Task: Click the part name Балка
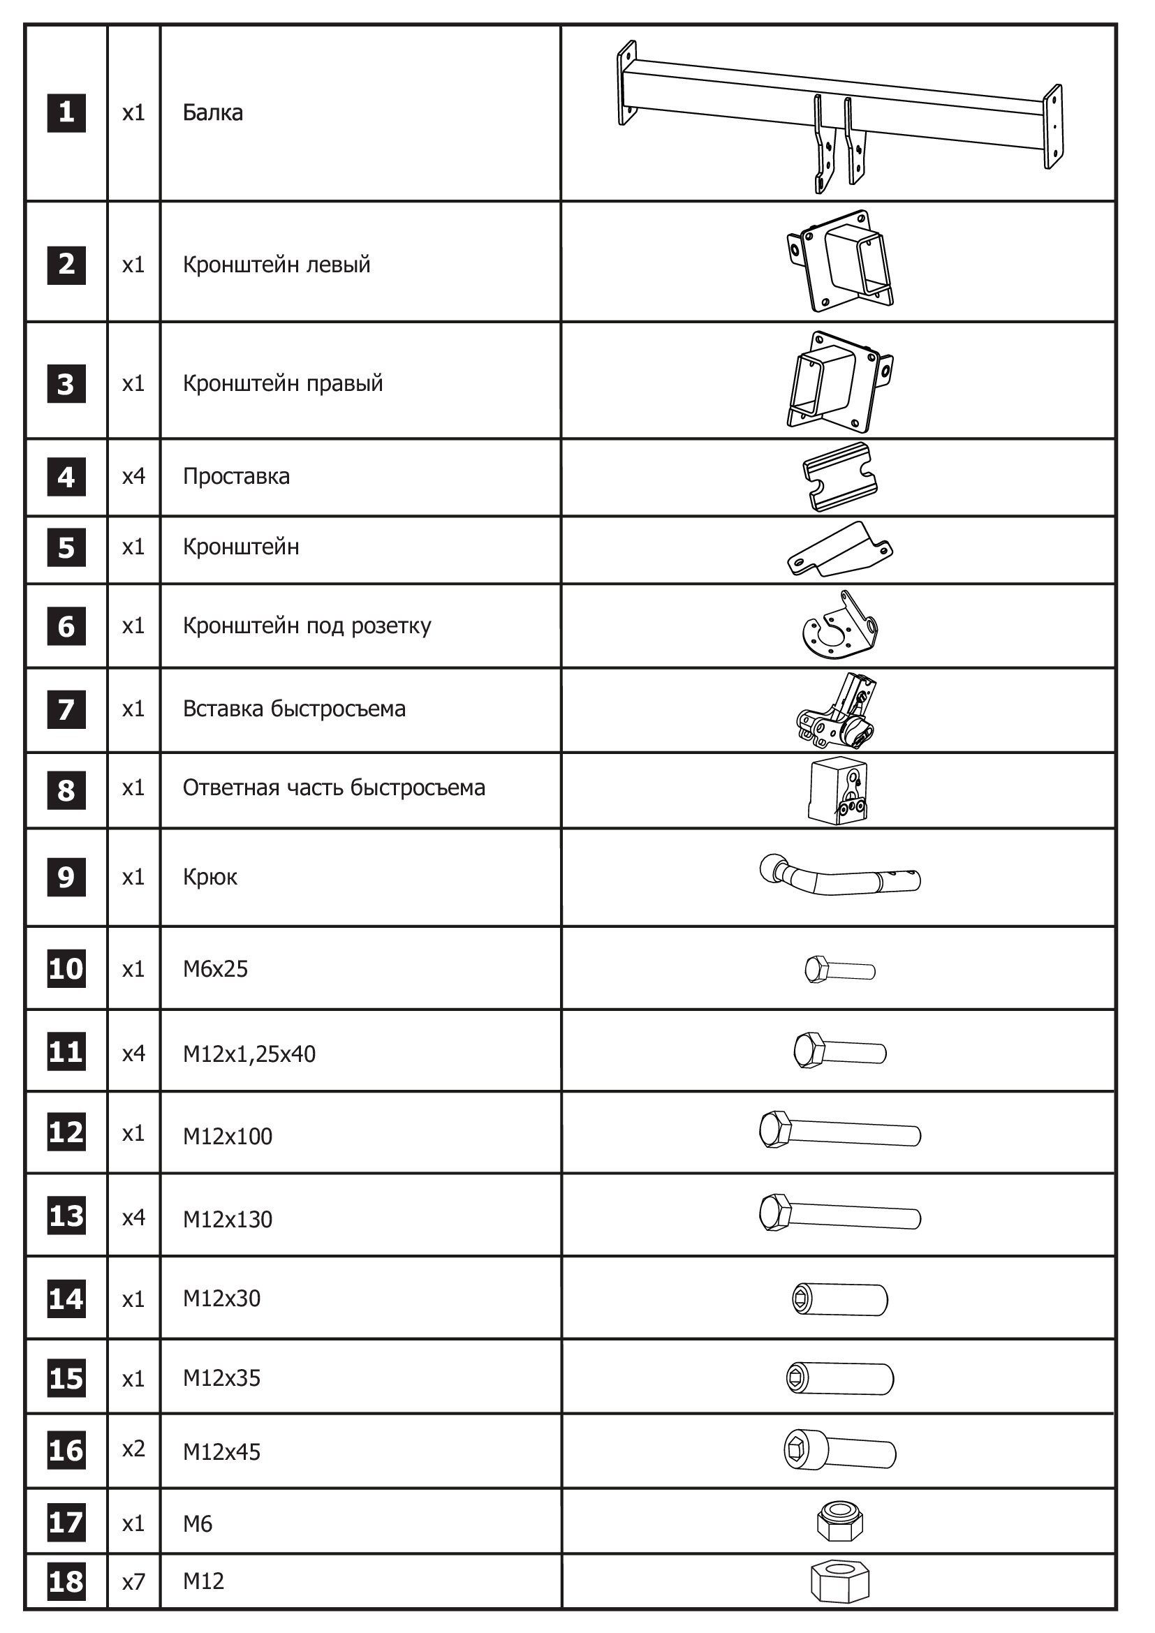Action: [x=213, y=112]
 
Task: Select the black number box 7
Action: [x=66, y=709]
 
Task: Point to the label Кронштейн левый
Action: [x=276, y=265]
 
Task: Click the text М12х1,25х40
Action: [x=249, y=1054]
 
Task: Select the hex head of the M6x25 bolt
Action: [x=816, y=970]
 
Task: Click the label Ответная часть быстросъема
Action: [x=334, y=788]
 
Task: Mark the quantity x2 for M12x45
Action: [x=133, y=1448]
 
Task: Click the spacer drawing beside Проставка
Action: [x=839, y=477]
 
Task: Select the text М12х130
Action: [x=228, y=1219]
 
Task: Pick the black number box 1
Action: [x=66, y=112]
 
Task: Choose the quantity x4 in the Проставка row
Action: [x=133, y=476]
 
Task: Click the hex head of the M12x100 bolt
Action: [x=775, y=1130]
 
